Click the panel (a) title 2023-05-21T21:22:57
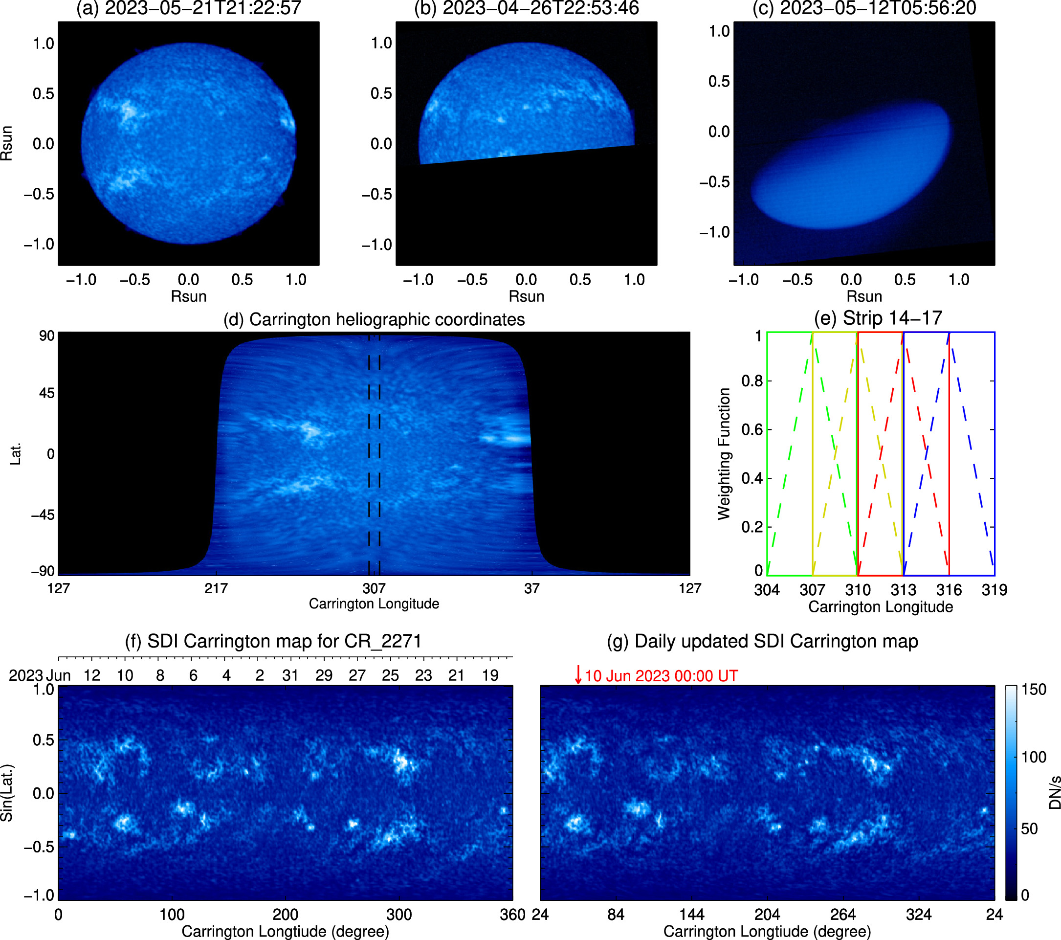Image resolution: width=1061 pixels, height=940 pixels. [188, 8]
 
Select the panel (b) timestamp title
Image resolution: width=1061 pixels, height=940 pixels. [527, 8]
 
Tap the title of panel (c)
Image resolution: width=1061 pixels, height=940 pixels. [864, 8]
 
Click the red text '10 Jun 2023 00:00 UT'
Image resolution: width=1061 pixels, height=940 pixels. [662, 676]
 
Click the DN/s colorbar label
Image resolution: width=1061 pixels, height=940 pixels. [1054, 793]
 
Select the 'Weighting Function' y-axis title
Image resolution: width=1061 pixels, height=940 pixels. [724, 454]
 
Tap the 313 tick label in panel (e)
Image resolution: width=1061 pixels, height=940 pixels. [903, 590]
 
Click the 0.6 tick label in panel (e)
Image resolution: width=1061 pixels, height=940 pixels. [752, 429]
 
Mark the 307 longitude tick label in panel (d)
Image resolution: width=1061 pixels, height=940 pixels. [374, 588]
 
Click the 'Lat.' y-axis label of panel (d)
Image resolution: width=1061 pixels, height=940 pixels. [16, 454]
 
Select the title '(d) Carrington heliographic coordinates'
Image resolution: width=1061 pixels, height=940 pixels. [374, 319]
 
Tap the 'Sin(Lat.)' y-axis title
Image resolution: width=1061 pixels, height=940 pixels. [7, 792]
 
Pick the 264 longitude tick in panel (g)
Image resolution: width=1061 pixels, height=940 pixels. [843, 915]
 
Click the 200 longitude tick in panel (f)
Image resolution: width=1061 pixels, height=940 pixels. [286, 915]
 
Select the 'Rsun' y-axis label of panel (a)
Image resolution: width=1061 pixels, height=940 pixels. [7, 143]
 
